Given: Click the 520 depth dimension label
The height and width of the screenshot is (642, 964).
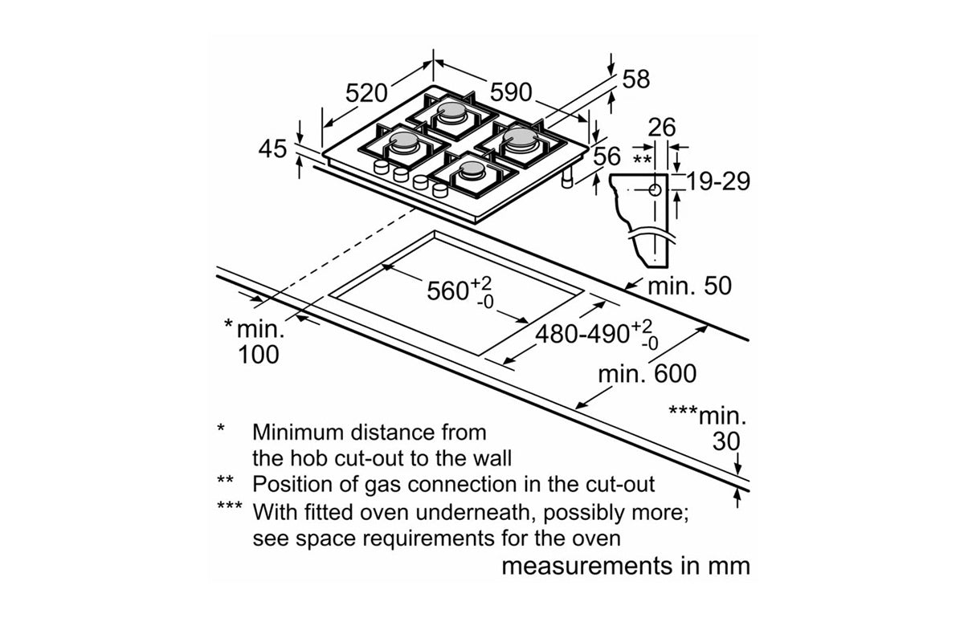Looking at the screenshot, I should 367,94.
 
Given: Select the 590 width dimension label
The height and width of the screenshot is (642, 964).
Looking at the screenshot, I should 511,94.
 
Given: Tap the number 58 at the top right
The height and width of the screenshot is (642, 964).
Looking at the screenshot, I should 636,79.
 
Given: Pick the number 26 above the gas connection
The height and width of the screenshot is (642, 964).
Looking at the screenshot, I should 662,127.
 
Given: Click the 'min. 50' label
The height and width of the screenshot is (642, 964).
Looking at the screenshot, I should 689,286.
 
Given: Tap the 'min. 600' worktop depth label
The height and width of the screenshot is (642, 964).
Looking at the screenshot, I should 647,373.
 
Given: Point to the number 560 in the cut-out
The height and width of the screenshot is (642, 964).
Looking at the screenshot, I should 447,290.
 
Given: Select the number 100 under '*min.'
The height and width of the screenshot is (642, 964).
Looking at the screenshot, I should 259,354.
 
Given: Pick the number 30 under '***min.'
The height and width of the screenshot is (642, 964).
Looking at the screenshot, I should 727,441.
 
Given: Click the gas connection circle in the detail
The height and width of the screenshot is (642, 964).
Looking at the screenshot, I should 655,190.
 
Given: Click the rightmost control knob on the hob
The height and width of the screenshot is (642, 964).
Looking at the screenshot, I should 439,190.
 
